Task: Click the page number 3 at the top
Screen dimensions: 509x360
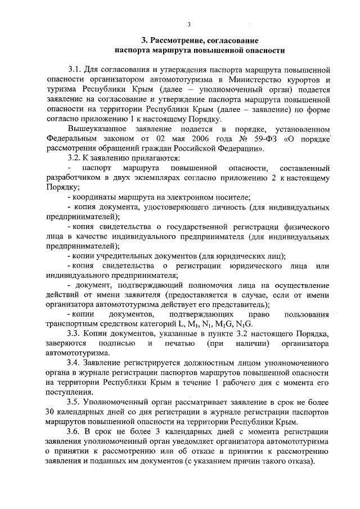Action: pyautogui.click(x=190, y=24)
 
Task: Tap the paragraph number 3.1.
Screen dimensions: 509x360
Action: pyautogui.click(x=75, y=70)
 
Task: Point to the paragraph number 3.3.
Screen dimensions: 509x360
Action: pyautogui.click(x=75, y=335)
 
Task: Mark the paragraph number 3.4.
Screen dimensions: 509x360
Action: pyautogui.click(x=75, y=364)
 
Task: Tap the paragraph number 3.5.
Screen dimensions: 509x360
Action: pyautogui.click(x=75, y=403)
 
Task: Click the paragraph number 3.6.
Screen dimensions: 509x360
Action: pyautogui.click(x=75, y=433)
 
